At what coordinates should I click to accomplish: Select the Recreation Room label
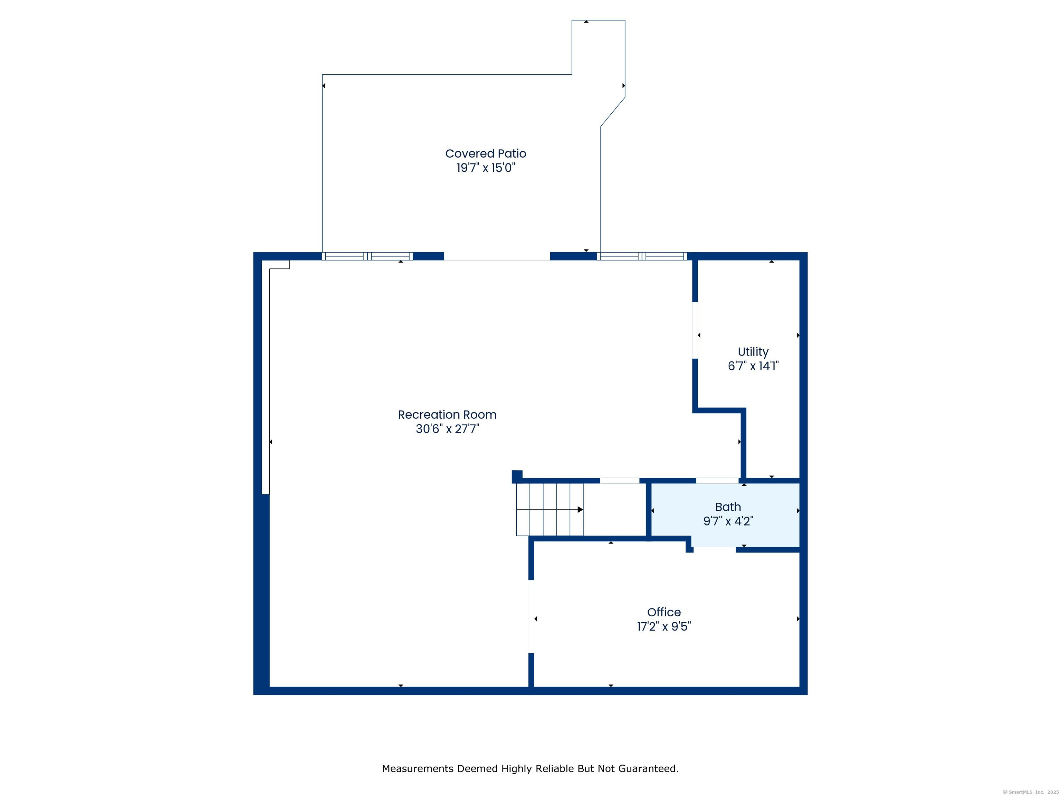coord(447,415)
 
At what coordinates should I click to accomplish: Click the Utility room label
coord(753,352)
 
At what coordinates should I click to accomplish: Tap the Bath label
coord(728,507)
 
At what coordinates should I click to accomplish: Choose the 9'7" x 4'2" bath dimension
coord(728,521)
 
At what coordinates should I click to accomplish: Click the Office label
coord(664,612)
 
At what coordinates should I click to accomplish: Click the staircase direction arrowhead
coord(580,510)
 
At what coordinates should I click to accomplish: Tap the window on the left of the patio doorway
coord(367,256)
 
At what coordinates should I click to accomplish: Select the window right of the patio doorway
coord(642,256)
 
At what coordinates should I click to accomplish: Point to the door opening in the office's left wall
coord(531,617)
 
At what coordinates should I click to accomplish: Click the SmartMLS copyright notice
coord(1030,792)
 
